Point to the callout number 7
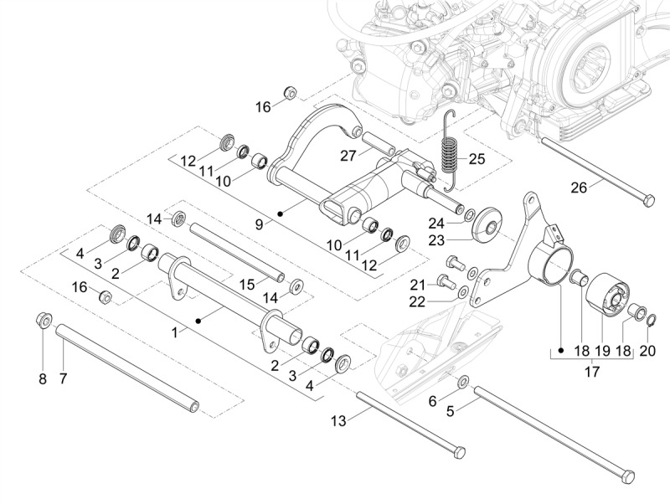(x=63, y=378)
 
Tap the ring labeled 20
(x=651, y=319)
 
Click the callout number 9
(x=260, y=224)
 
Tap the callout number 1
(x=175, y=332)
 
